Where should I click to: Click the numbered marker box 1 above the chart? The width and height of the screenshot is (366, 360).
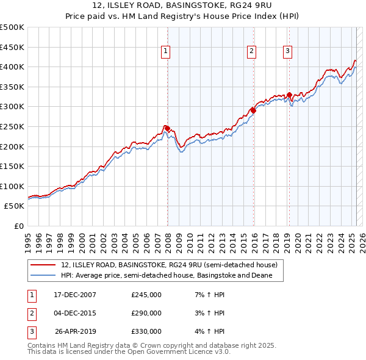click(x=165, y=52)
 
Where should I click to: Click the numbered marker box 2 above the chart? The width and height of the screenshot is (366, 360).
click(x=251, y=52)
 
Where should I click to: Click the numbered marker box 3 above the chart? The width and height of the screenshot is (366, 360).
click(x=287, y=52)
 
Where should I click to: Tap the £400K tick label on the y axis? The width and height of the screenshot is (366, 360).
click(x=13, y=67)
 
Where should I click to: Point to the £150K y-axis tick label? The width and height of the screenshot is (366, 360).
click(x=13, y=166)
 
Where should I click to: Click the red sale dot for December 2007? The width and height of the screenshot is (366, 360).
click(x=167, y=128)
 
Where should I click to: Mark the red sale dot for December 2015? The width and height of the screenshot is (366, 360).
click(x=253, y=110)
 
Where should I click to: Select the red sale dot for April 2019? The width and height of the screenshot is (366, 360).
click(x=289, y=95)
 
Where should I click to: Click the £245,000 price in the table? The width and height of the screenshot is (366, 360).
click(x=146, y=295)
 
